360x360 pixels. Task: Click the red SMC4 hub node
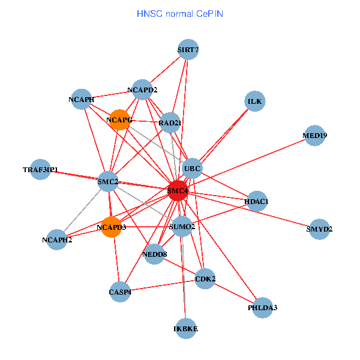click(178, 191)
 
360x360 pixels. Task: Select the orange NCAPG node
click(120, 120)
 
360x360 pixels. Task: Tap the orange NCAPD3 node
click(112, 227)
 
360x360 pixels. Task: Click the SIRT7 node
click(188, 50)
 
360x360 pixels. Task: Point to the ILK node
click(255, 101)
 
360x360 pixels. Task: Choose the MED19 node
click(315, 136)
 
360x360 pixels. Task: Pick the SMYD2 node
click(320, 229)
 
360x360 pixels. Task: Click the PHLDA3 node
click(263, 308)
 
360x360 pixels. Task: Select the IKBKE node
click(186, 328)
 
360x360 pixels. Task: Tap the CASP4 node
click(120, 292)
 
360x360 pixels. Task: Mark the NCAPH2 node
click(57, 240)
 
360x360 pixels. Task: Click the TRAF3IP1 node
click(40, 170)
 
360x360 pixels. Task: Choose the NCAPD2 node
click(142, 90)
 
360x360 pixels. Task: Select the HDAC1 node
click(257, 200)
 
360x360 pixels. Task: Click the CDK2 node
click(205, 279)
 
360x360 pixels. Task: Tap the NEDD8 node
click(155, 254)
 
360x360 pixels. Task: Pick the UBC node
click(192, 167)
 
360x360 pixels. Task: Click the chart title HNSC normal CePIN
click(180, 13)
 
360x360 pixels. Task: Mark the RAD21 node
click(170, 123)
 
